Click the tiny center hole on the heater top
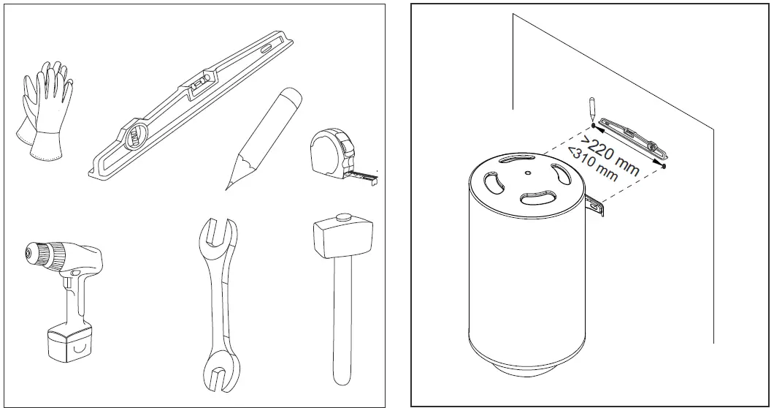[528, 173]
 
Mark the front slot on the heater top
[538, 197]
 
